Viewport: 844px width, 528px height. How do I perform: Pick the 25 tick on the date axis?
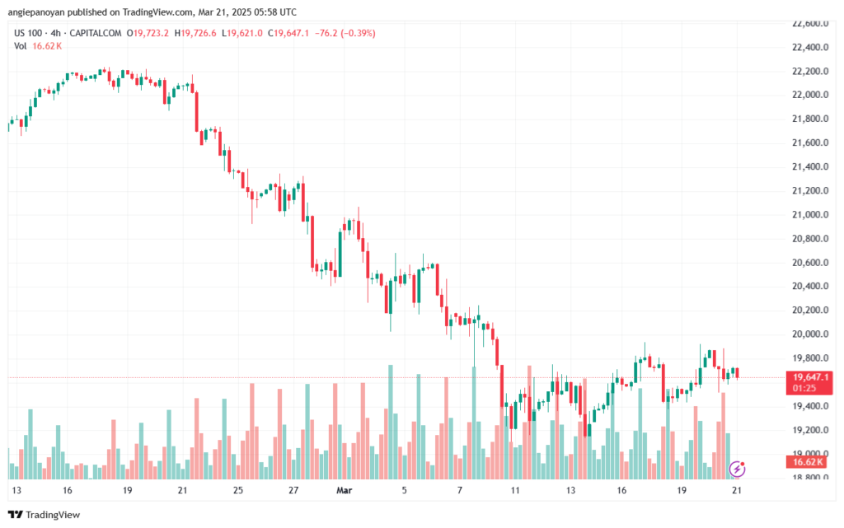coord(237,489)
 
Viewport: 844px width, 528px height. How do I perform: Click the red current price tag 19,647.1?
coord(809,377)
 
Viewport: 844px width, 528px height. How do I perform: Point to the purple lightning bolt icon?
coord(738,469)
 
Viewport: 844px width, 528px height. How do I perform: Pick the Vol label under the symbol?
coord(21,46)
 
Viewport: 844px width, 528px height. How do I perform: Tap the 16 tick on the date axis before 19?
coord(66,489)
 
